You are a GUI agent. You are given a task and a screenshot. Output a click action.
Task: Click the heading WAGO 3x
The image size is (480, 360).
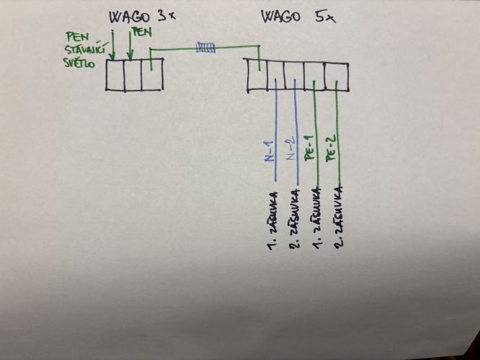143,17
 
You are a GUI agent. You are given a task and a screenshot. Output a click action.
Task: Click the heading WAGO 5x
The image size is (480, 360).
298,17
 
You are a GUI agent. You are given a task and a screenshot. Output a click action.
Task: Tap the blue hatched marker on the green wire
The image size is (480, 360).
205,47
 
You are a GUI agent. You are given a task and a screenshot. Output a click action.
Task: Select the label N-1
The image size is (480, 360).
269,151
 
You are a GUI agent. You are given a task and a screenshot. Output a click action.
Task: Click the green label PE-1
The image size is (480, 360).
309,148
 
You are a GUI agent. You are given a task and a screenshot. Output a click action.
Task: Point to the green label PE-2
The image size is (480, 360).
332,148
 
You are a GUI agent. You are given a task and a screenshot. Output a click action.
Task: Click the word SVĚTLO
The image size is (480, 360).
79,63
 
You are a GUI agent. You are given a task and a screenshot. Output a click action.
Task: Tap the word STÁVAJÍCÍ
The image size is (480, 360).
86,50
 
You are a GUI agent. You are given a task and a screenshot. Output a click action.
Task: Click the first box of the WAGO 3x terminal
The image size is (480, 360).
115,75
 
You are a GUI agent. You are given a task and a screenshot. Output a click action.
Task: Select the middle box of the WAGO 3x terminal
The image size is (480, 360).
133,75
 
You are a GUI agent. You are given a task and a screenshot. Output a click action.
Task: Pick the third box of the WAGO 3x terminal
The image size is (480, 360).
152,75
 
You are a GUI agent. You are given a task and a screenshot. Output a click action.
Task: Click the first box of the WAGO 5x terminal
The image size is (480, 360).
257,76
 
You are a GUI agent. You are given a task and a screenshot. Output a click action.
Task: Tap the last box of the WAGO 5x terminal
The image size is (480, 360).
337,77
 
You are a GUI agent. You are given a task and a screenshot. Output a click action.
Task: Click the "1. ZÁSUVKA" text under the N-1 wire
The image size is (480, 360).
272,220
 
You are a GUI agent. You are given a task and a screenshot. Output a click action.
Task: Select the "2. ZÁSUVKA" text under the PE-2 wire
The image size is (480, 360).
338,217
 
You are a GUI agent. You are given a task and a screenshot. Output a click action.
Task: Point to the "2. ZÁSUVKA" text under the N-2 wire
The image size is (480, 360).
294,218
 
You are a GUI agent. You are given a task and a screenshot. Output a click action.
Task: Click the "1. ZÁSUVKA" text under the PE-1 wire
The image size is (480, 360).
317,218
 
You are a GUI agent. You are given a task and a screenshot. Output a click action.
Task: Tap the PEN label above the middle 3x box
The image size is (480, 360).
142,32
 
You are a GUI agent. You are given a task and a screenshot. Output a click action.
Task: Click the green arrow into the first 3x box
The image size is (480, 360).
112,45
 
